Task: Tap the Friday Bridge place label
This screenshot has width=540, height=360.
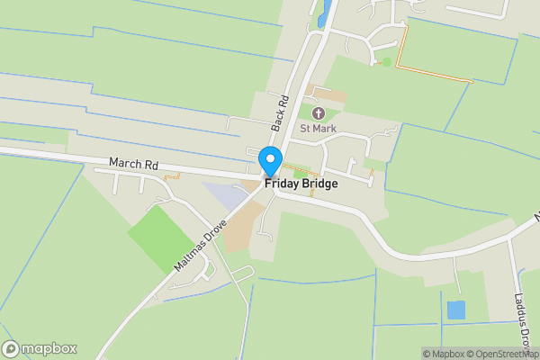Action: tap(301, 184)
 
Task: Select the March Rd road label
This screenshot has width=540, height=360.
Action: tap(133, 165)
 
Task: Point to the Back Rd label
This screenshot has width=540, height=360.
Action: tap(280, 112)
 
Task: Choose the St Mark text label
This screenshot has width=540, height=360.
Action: tap(318, 128)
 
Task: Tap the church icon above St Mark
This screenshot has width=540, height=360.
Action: tap(318, 112)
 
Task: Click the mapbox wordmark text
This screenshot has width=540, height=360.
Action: tap(49, 349)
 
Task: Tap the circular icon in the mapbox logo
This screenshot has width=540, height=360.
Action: tap(11, 349)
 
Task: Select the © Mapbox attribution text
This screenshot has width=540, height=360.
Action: tap(442, 354)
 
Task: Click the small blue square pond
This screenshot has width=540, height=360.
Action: tap(456, 310)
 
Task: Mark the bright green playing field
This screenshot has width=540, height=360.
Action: tap(163, 237)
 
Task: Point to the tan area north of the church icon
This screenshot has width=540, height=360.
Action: tap(328, 94)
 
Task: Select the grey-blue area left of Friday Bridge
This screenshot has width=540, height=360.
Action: tap(224, 194)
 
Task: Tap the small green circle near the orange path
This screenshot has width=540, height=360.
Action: tap(387, 61)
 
